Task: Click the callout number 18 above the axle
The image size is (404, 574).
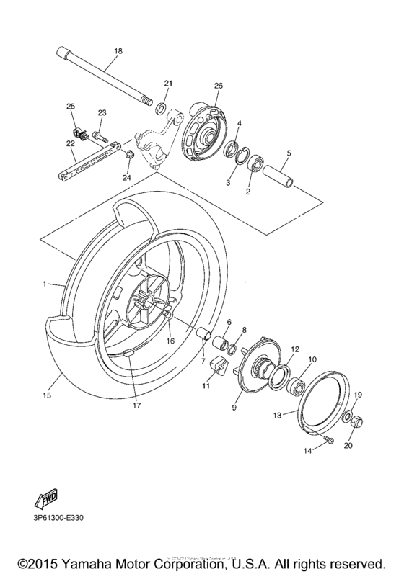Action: click(x=118, y=51)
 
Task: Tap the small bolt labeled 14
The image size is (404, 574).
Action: click(x=328, y=439)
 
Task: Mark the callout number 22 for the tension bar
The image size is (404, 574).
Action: click(x=71, y=143)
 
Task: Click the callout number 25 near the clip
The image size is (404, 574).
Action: click(x=71, y=107)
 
